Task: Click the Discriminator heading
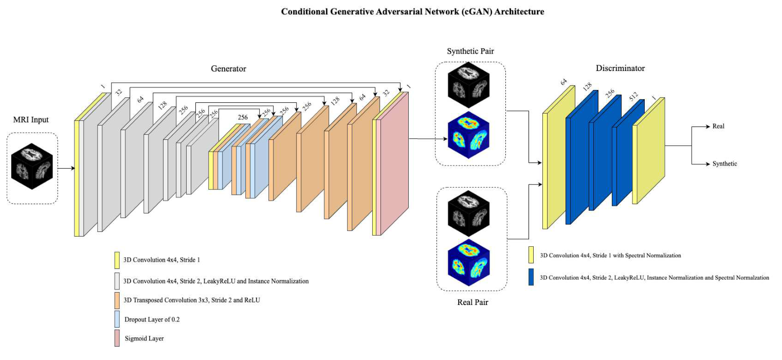pyautogui.click(x=620, y=68)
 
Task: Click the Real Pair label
pyautogui.click(x=472, y=302)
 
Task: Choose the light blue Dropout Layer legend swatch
pyautogui.click(x=117, y=319)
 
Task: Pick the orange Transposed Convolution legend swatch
pyautogui.click(x=117, y=300)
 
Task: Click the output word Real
pyautogui.click(x=718, y=126)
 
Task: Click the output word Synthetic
pyautogui.click(x=724, y=164)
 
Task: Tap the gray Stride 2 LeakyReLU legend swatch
pyautogui.click(x=117, y=281)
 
